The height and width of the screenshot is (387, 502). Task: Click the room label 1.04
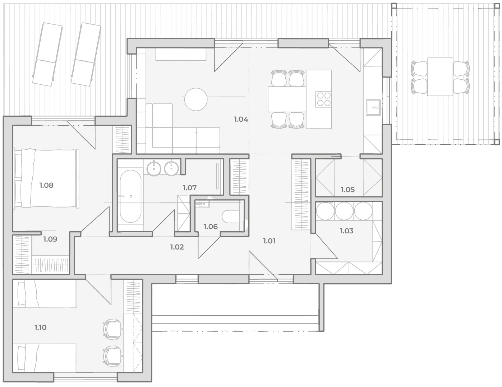pos(241,119)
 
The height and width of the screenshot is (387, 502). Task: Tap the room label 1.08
pos(46,185)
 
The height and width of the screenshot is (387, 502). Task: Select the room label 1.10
pos(41,327)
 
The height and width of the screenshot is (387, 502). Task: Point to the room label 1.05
pos(348,190)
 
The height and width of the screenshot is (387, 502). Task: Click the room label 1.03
pos(346,231)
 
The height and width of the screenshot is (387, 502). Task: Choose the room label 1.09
pos(50,239)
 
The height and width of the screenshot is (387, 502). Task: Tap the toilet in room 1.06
pos(231,216)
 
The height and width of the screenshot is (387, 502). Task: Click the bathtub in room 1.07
pos(130,196)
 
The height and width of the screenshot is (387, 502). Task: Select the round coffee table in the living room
pos(196,99)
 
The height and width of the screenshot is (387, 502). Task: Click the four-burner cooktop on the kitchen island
pos(323,99)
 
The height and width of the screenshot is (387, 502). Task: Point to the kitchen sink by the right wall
pos(373,108)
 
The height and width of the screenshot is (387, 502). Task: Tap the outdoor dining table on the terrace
pos(440,76)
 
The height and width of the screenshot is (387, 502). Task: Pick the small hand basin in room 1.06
pos(202,204)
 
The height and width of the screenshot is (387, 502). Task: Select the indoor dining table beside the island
pos(287,99)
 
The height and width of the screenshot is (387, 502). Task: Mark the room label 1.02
pos(177,247)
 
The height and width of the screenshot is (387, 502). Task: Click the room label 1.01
pos(269,241)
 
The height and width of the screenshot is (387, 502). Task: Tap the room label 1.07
pos(190,188)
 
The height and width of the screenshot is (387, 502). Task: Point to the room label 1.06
pos(211,227)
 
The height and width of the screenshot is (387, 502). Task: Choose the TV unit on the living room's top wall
pos(181,55)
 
